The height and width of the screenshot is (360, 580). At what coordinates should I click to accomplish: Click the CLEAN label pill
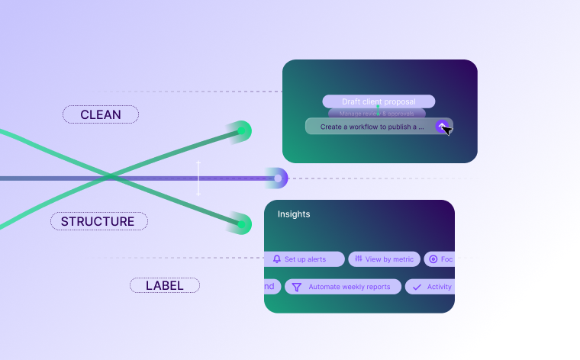(101, 114)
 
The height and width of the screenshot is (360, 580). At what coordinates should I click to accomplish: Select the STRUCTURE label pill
(98, 221)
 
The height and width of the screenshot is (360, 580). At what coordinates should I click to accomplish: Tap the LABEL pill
(164, 285)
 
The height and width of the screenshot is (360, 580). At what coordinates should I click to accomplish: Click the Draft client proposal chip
(379, 101)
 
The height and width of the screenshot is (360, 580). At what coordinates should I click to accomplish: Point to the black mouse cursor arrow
(446, 130)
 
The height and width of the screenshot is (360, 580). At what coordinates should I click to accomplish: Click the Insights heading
(294, 214)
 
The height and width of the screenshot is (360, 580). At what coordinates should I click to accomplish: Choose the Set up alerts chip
(304, 259)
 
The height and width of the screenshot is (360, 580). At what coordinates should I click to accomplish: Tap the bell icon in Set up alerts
(277, 259)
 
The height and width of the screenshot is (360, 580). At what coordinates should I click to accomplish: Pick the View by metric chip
(384, 259)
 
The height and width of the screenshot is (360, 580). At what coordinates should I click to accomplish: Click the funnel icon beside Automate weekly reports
(297, 287)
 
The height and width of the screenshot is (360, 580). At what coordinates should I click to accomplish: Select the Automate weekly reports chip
(342, 287)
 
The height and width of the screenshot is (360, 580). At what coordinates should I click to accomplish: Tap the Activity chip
(430, 287)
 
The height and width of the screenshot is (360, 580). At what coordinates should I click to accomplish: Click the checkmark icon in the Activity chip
(417, 287)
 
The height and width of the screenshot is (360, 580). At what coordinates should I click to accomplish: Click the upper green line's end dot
(242, 131)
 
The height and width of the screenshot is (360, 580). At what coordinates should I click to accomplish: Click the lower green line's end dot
(242, 224)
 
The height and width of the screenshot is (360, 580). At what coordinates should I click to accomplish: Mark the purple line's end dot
(278, 178)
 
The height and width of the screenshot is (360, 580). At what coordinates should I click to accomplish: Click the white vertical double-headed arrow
(198, 178)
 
